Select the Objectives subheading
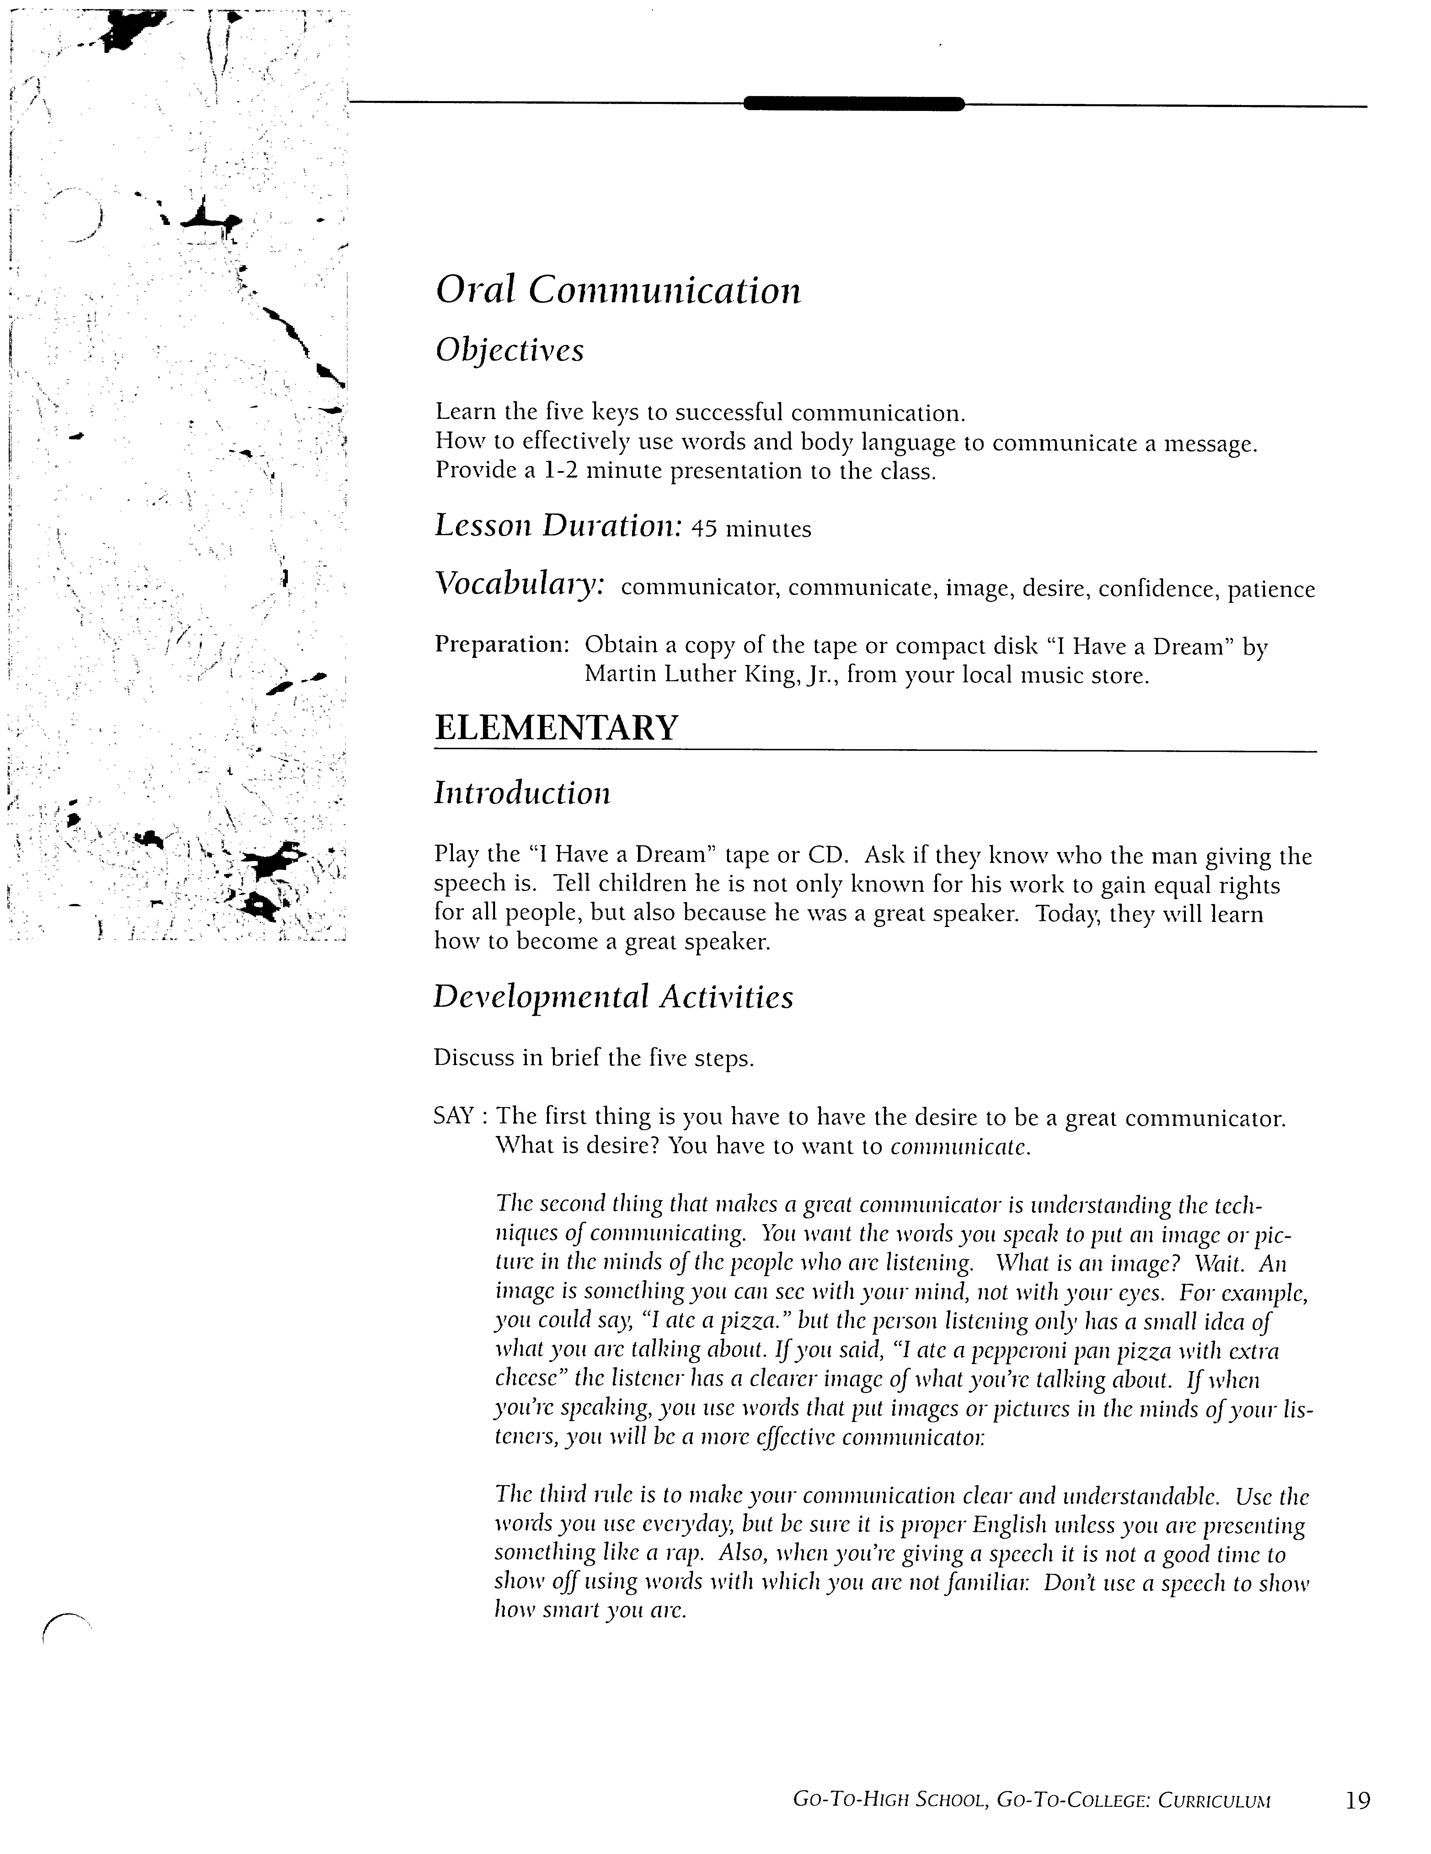pos(509,350)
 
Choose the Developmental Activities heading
pos(613,998)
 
